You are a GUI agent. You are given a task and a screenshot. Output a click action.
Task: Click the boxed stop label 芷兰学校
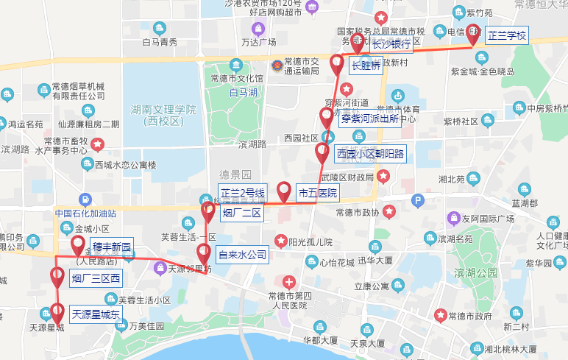[x=508, y=35]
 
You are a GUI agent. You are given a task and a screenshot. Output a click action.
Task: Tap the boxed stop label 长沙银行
[x=391, y=44]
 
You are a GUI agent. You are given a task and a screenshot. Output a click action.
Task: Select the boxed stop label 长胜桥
[x=366, y=66]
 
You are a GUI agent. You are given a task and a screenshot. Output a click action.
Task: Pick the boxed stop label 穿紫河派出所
[x=369, y=118]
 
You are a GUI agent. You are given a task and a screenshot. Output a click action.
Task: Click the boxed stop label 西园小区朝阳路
[x=365, y=155]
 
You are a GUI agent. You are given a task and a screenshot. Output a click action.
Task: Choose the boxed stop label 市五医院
[x=317, y=194]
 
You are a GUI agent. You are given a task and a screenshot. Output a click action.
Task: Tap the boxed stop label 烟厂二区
[x=242, y=214]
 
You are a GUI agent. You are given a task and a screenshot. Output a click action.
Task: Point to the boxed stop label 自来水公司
[x=242, y=255]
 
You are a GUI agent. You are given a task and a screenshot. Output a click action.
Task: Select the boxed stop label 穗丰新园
[x=112, y=247]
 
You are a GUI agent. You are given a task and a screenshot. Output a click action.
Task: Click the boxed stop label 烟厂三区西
[x=96, y=278]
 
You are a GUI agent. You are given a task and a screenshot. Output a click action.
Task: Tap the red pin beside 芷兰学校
[x=472, y=34]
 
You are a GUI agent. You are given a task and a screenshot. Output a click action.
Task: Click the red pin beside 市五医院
[x=284, y=191]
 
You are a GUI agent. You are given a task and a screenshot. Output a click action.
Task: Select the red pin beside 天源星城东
[x=57, y=312]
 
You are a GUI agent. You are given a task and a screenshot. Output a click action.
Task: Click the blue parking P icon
[x=417, y=200]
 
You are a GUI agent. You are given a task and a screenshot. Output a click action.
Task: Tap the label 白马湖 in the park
[x=243, y=93]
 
